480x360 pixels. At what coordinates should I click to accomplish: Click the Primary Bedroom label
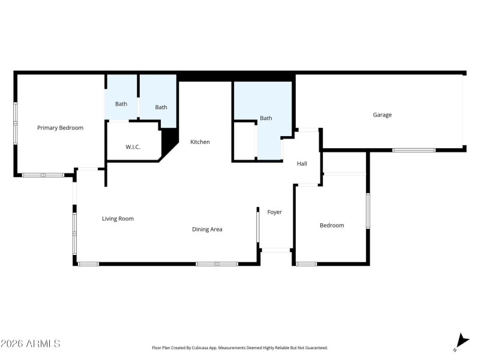pyautogui.click(x=60, y=128)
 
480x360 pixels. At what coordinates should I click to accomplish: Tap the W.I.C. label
pyautogui.click(x=133, y=147)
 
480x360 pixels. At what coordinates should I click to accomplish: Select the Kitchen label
pyautogui.click(x=200, y=142)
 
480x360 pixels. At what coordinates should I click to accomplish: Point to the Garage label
pyautogui.click(x=382, y=115)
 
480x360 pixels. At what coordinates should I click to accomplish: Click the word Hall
pyautogui.click(x=302, y=163)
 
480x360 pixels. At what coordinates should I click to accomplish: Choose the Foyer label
pyautogui.click(x=274, y=212)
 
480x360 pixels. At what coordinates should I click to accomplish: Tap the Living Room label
pyautogui.click(x=118, y=219)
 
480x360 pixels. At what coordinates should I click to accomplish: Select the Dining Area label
pyautogui.click(x=207, y=229)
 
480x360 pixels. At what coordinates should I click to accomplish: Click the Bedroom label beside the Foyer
pyautogui.click(x=332, y=226)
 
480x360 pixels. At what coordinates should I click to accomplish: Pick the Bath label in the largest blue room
pyautogui.click(x=266, y=118)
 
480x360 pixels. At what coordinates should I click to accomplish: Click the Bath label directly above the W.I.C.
pyautogui.click(x=121, y=104)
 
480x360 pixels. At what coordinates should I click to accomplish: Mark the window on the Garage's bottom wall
pyautogui.click(x=413, y=149)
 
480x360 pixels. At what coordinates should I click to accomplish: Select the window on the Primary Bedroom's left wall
pyautogui.click(x=16, y=123)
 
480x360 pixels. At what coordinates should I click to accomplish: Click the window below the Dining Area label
pyautogui.click(x=217, y=263)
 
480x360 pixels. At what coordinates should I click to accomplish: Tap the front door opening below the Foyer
pyautogui.click(x=276, y=250)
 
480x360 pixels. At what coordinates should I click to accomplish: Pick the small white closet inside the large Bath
pyautogui.click(x=244, y=141)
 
